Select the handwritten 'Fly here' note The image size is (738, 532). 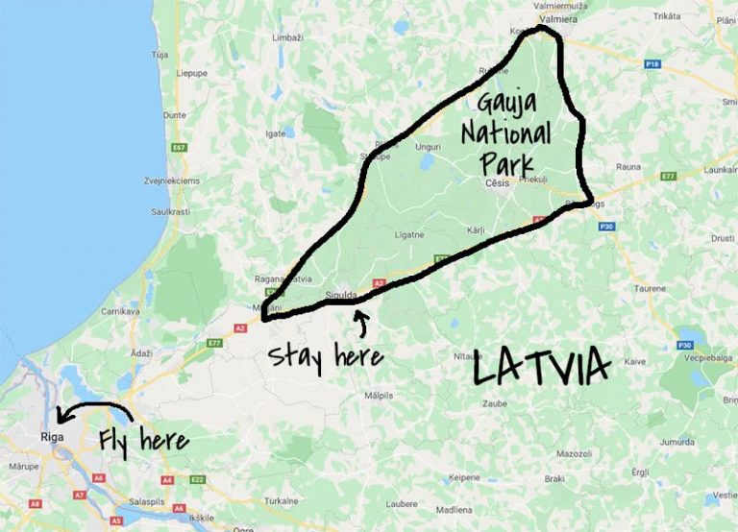143,441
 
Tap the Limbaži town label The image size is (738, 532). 287,37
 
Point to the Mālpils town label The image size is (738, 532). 379,395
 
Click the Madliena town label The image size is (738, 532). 453,509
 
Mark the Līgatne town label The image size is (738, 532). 409,233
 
